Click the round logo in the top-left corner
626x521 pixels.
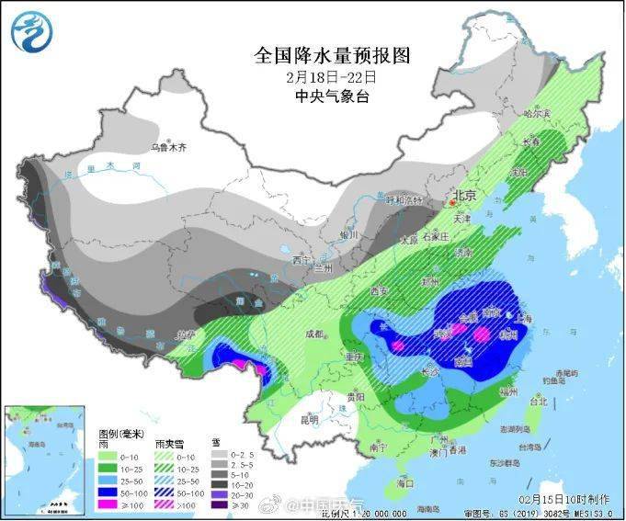(31, 32)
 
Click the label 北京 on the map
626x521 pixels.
(462, 196)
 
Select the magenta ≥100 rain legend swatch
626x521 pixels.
(109, 504)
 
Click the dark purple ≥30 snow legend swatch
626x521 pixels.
(218, 504)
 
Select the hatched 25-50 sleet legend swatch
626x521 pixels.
(165, 480)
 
